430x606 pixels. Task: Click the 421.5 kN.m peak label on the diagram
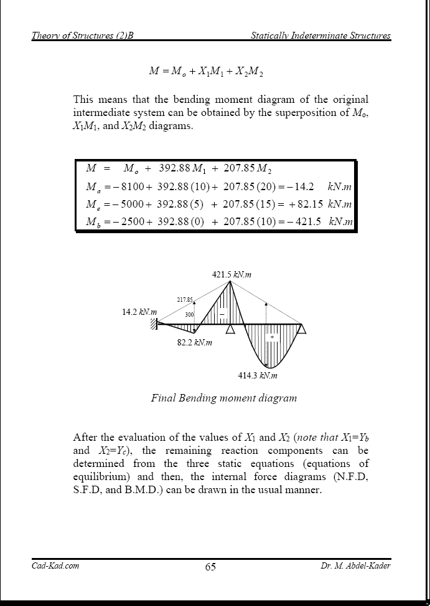click(231, 274)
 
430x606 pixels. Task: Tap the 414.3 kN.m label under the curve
click(258, 375)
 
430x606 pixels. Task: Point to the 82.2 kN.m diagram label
click(195, 342)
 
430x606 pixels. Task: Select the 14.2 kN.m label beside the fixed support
click(139, 312)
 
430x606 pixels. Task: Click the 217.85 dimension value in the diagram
click(185, 300)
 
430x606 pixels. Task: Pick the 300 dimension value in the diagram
click(189, 315)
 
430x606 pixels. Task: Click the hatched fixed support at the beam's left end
click(153, 324)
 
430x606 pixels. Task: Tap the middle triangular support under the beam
click(231, 329)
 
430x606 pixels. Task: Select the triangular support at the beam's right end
click(301, 329)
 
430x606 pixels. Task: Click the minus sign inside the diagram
click(222, 314)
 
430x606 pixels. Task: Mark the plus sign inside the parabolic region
click(271, 337)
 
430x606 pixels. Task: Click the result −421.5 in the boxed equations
click(303, 221)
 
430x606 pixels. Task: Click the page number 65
click(210, 567)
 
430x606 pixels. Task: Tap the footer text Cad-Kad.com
click(55, 565)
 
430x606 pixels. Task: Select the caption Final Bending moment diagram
click(224, 398)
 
